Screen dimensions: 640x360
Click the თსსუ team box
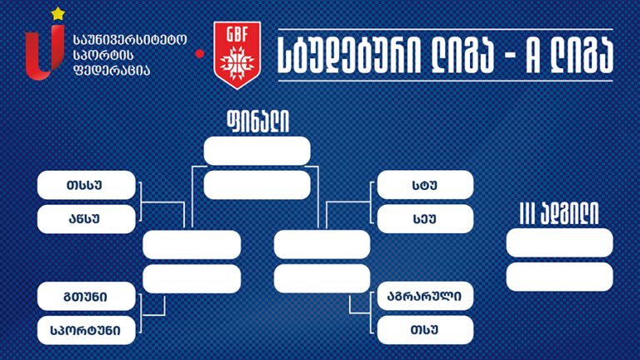(86, 185)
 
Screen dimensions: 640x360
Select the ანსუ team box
(86, 219)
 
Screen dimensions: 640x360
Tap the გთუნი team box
(86, 296)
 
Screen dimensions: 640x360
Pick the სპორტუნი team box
(86, 330)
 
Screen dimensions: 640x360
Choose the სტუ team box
(425, 185)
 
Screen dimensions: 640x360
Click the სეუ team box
(425, 219)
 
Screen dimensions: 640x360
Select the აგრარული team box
(425, 296)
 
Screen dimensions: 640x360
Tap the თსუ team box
(425, 329)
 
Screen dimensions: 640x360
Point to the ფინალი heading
(258, 122)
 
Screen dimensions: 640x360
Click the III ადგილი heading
(559, 213)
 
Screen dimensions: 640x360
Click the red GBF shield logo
(237, 55)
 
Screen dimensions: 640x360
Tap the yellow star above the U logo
(58, 14)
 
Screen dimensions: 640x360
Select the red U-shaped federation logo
(45, 52)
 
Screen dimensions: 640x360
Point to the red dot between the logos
(200, 53)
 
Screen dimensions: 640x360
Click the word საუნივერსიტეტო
(130, 40)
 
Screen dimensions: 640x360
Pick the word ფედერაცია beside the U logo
(112, 70)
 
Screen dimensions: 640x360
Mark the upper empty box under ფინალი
(257, 151)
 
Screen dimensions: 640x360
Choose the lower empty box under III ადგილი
(560, 277)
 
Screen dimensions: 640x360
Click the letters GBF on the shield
(237, 34)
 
